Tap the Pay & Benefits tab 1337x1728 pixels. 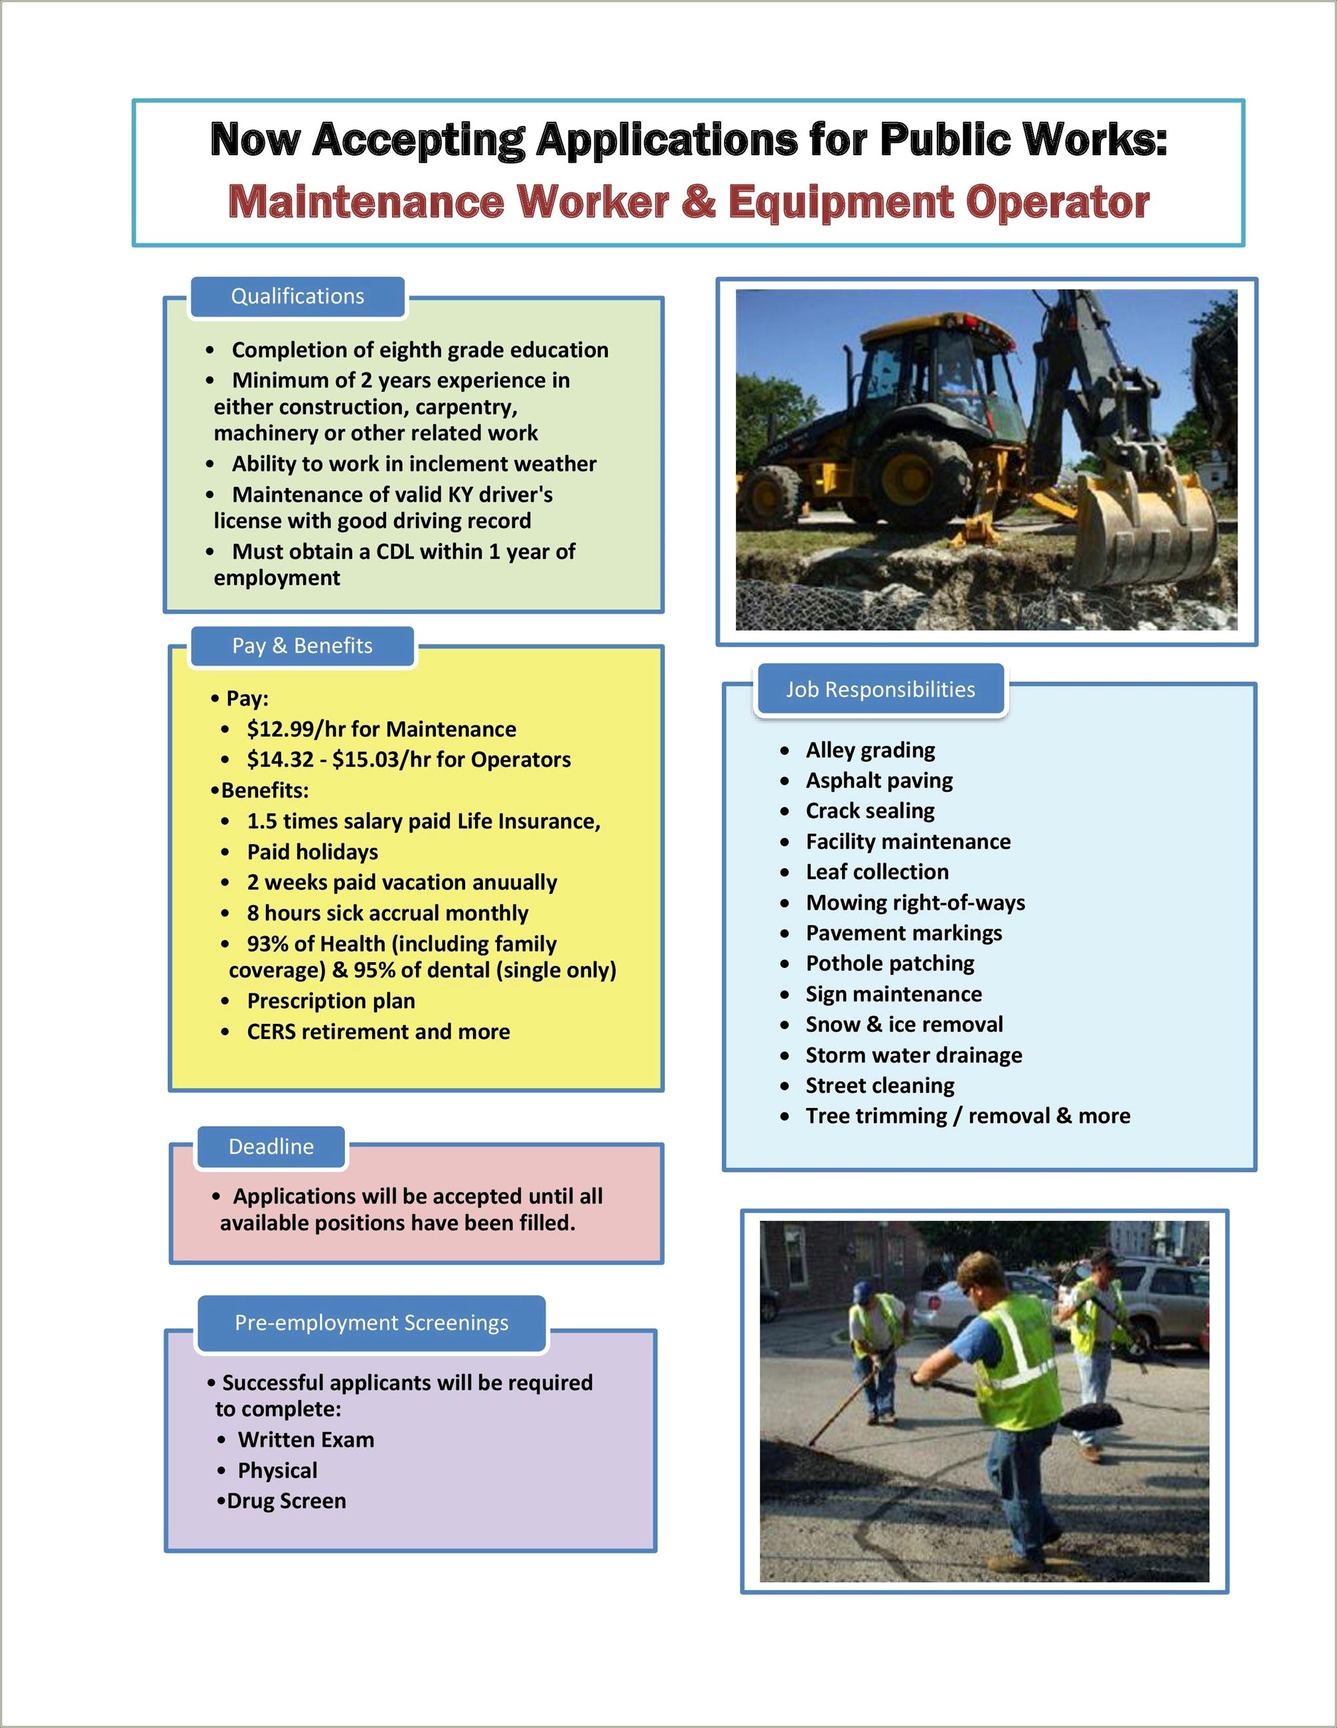[x=302, y=647]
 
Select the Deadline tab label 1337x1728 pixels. [x=271, y=1146]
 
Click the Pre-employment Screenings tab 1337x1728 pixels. [x=372, y=1323]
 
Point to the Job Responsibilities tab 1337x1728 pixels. [x=880, y=690]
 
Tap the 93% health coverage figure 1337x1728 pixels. [x=270, y=944]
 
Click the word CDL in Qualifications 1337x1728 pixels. [x=395, y=552]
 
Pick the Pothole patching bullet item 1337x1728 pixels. [x=890, y=963]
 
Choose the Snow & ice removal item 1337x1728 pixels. [x=904, y=1024]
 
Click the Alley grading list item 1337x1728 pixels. [x=870, y=750]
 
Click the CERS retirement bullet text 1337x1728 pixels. [x=378, y=1032]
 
